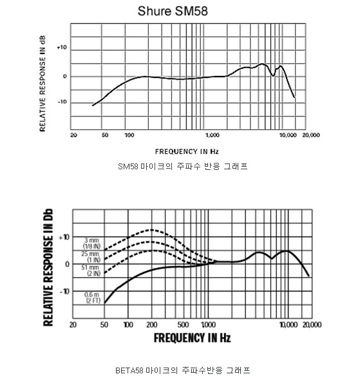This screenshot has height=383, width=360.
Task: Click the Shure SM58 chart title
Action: click(173, 11)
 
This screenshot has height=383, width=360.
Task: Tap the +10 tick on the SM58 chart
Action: click(62, 48)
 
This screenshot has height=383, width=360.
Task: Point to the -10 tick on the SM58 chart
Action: click(62, 102)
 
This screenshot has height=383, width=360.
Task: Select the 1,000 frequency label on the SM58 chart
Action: click(213, 135)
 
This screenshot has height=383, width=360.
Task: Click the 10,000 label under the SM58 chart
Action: click(288, 135)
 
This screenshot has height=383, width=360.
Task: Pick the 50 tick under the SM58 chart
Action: click(105, 135)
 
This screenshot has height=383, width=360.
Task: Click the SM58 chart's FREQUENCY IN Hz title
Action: click(187, 152)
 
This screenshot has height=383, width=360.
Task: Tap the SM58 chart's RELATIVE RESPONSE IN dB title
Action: click(43, 84)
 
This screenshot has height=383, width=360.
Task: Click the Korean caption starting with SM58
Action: click(182, 167)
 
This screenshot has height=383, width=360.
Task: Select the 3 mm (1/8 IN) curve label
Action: click(91, 243)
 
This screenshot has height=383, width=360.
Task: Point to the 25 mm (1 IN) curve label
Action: click(91, 257)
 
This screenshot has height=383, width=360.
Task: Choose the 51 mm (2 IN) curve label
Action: click(91, 270)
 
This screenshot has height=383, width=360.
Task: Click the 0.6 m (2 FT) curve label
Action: click(92, 297)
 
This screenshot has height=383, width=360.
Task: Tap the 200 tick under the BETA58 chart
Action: click(152, 325)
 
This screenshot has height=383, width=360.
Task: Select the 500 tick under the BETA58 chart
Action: click(183, 325)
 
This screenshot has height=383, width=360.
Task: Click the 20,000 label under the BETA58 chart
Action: click(312, 325)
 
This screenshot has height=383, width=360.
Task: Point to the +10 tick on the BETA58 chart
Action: click(64, 237)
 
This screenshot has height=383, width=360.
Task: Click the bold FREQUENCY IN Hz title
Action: click(192, 338)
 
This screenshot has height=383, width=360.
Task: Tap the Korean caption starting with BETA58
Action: click(182, 371)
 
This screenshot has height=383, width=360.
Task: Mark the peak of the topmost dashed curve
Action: click(151, 230)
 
